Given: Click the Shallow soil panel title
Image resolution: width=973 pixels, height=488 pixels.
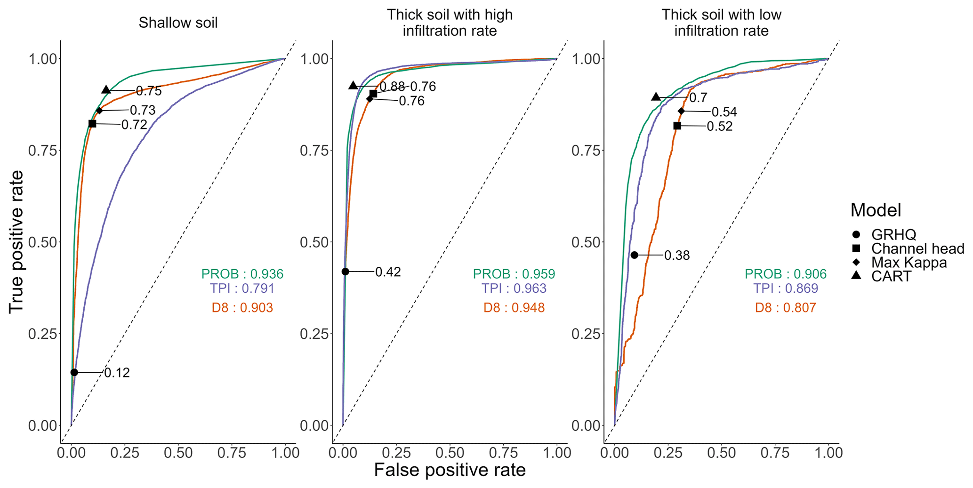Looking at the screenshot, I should [178, 23].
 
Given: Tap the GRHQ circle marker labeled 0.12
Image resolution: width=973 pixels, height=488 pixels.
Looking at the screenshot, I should [74, 372].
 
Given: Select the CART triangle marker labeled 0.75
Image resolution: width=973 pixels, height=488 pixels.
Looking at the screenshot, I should [106, 90].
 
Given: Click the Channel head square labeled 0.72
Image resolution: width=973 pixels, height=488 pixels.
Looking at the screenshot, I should [92, 124].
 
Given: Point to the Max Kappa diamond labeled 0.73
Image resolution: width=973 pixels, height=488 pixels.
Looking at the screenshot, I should [99, 111].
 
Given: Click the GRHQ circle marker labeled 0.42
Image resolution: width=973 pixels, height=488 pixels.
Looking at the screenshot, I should [345, 272].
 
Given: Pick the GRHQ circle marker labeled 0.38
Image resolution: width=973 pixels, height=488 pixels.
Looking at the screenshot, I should [634, 255].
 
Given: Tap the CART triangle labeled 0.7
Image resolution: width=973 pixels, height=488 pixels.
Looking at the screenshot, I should [656, 97].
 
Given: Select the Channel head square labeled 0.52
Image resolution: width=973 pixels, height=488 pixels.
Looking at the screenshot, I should [677, 126].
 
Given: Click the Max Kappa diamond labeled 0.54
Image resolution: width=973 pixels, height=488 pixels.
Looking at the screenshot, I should [681, 111].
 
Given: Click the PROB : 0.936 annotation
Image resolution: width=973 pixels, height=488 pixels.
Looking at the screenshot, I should [242, 274].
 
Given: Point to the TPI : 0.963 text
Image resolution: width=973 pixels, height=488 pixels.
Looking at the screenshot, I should [514, 288].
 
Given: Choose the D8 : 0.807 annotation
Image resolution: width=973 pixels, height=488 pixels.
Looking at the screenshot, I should [785, 308].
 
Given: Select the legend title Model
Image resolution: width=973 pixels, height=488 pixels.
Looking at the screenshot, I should [875, 210].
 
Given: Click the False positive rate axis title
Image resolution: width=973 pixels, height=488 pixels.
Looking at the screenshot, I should [450, 470].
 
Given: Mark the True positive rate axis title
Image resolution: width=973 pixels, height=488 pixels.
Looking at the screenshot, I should [16, 241].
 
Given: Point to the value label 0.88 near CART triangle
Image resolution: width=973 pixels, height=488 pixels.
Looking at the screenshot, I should [392, 87].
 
